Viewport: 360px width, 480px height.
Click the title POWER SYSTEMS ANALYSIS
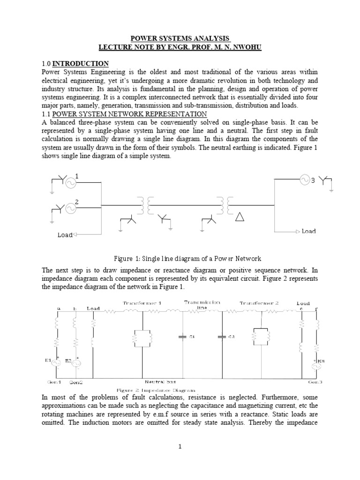[x=180, y=38]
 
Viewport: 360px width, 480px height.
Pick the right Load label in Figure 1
[x=308, y=231]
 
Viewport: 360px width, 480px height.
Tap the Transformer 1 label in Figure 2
[x=142, y=303]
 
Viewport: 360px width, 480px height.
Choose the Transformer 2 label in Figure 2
[x=259, y=303]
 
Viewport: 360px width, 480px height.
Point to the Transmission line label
[x=202, y=305]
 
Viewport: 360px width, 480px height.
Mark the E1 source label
[x=47, y=360]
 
